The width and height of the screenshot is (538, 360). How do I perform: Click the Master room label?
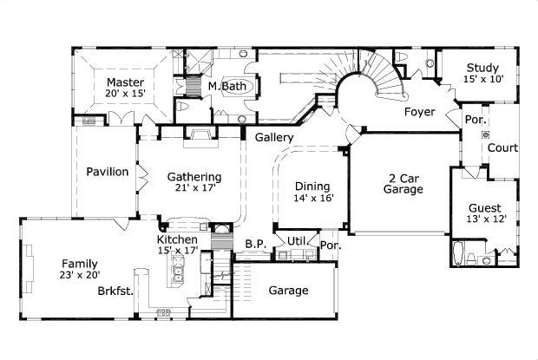point(126,83)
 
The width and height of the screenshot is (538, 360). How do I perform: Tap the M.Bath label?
point(226,87)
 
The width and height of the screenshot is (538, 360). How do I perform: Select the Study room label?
point(482,69)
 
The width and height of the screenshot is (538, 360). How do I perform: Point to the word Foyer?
point(420,112)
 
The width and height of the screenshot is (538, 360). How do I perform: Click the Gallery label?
point(273,138)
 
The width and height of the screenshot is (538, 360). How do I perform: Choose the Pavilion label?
point(108,172)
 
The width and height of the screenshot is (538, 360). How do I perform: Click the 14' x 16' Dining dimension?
point(312,198)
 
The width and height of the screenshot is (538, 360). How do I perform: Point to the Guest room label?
point(483,208)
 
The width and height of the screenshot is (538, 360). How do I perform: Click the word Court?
point(502,148)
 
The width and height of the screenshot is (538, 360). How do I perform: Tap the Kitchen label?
point(177,239)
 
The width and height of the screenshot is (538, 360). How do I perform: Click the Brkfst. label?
point(115,292)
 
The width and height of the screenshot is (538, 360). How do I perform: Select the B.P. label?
point(254,244)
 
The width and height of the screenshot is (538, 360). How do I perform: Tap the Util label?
point(298,240)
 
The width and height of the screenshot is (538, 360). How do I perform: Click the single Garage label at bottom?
point(287,291)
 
